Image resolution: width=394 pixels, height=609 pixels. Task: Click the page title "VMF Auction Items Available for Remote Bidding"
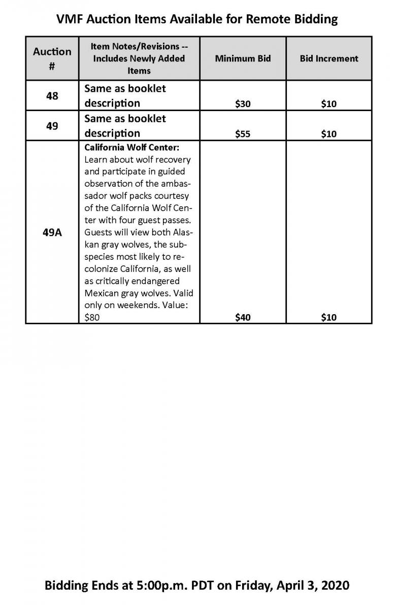pos(196,20)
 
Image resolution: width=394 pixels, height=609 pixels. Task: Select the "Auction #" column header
pos(52,58)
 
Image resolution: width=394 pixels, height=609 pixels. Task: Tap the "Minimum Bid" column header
pos(243,58)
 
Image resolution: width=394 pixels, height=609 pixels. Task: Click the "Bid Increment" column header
pos(329,58)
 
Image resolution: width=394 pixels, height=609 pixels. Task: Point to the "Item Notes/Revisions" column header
pos(139,58)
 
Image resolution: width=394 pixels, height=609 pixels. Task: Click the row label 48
pos(52,96)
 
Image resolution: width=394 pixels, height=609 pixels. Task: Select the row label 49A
pos(52,235)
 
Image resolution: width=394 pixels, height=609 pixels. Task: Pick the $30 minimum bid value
pos(243,104)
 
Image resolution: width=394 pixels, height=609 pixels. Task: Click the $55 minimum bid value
pos(243,134)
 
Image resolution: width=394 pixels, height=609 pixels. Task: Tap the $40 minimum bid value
pos(243,318)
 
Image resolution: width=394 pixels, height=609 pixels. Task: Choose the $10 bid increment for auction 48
pos(329,104)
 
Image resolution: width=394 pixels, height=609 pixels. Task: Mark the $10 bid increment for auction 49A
pos(329,318)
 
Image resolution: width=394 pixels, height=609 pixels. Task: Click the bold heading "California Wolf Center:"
pos(132,147)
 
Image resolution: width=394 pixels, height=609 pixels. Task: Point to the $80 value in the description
pos(92,318)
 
